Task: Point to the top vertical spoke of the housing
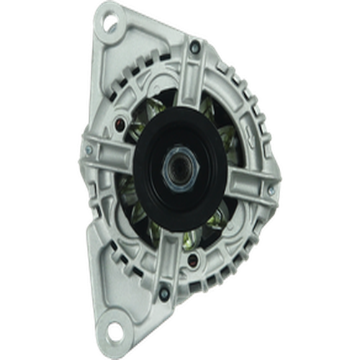pyautogui.click(x=189, y=79)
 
